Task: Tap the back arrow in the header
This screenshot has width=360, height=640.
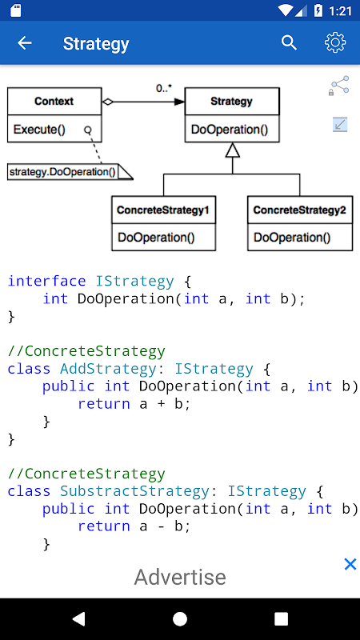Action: pyautogui.click(x=25, y=43)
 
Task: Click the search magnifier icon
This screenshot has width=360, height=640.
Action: pyautogui.click(x=289, y=43)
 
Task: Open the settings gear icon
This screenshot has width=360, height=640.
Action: pyautogui.click(x=335, y=42)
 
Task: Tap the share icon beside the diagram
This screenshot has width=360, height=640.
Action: pyautogui.click(x=339, y=86)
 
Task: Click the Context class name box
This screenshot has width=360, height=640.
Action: pyautogui.click(x=54, y=102)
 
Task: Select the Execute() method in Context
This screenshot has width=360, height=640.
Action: pyautogui.click(x=39, y=130)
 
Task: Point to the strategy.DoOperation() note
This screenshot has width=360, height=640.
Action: pyautogui.click(x=70, y=171)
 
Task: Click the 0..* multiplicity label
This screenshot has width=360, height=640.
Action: pyautogui.click(x=164, y=88)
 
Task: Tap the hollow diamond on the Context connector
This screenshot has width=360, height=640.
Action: pyautogui.click(x=108, y=102)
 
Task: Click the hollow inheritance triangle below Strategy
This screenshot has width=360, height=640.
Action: pyautogui.click(x=233, y=150)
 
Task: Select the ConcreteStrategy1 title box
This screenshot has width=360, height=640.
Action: pyautogui.click(x=163, y=210)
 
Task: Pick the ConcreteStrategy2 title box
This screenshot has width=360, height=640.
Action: pyautogui.click(x=299, y=210)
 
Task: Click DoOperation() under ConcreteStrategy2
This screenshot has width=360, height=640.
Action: pyautogui.click(x=292, y=237)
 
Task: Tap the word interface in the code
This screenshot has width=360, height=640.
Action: pyautogui.click(x=47, y=282)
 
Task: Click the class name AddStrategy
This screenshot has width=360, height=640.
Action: pyautogui.click(x=108, y=369)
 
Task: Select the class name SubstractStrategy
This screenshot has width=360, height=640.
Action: pyautogui.click(x=134, y=491)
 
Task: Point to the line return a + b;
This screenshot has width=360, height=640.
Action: pyautogui.click(x=134, y=404)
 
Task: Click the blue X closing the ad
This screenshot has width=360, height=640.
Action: pyautogui.click(x=350, y=564)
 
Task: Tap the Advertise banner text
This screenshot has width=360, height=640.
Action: pyautogui.click(x=180, y=577)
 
